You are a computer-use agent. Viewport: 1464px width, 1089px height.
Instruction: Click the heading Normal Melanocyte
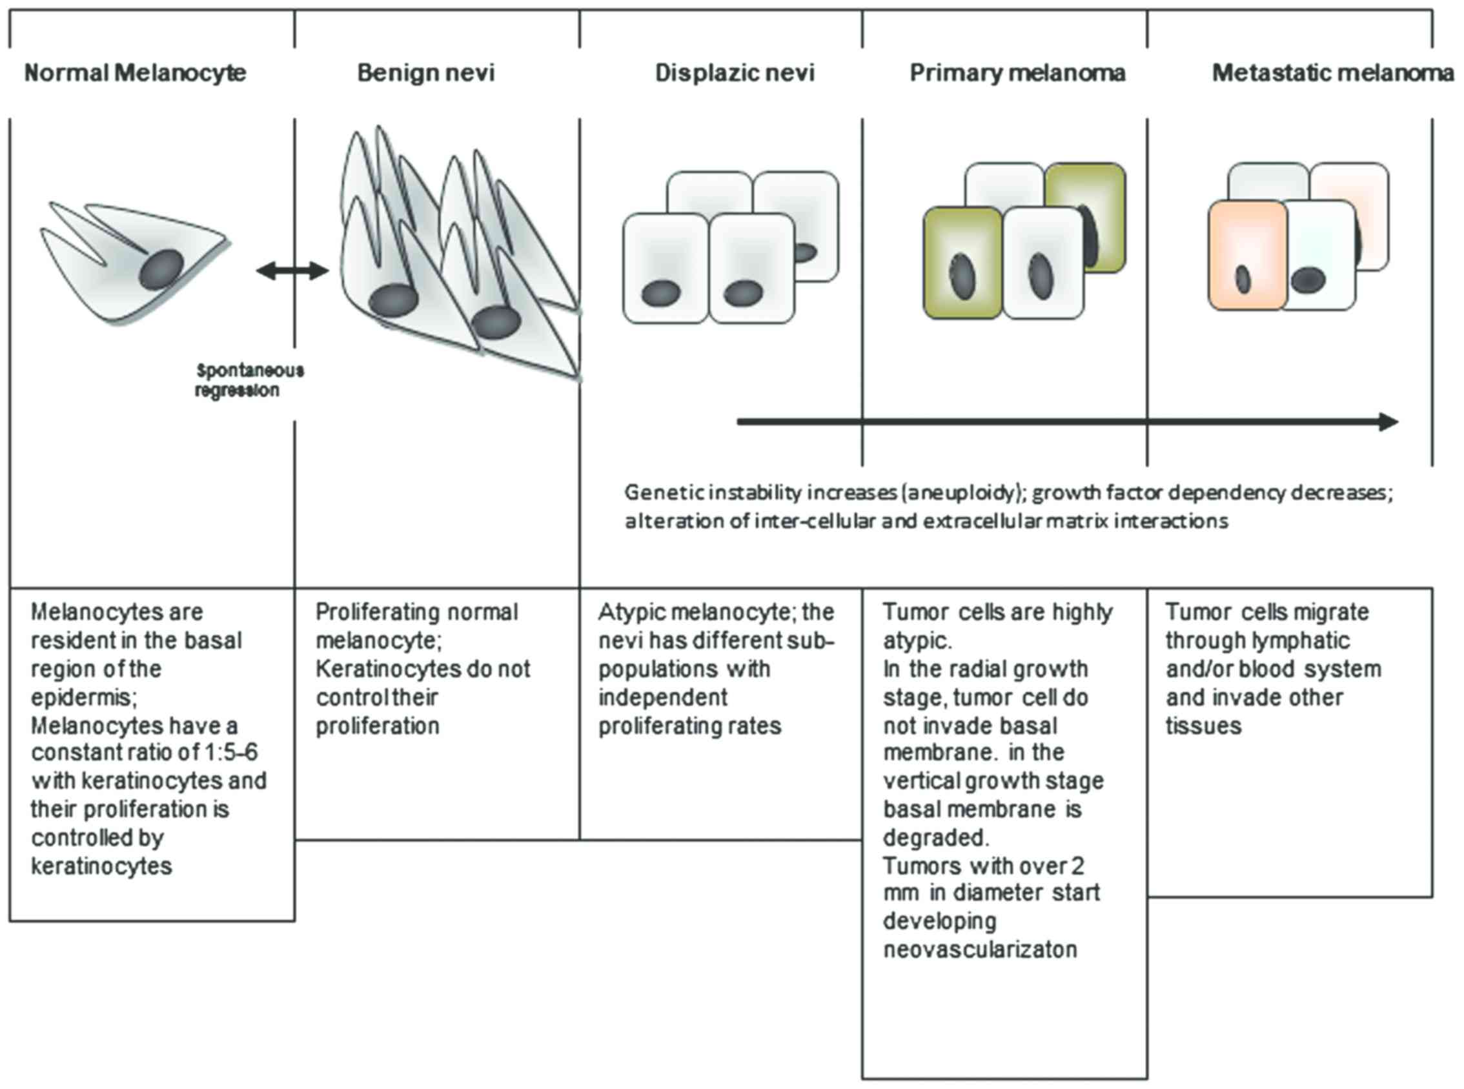135,72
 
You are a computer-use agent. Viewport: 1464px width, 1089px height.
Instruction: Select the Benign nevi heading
426,72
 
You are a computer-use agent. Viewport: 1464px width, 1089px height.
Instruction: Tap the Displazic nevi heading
735,72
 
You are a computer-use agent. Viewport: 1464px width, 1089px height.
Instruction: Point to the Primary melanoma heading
1017,72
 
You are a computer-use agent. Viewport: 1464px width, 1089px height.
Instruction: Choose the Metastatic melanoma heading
1332,72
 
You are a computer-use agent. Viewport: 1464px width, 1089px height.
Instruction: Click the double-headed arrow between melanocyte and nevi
292,270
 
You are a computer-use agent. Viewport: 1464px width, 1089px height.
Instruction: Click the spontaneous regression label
249,380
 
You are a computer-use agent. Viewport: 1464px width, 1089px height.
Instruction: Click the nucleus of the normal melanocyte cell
161,269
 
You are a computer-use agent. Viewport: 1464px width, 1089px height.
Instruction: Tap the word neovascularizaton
980,950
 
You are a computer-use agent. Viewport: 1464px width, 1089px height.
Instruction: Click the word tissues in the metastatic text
1203,726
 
